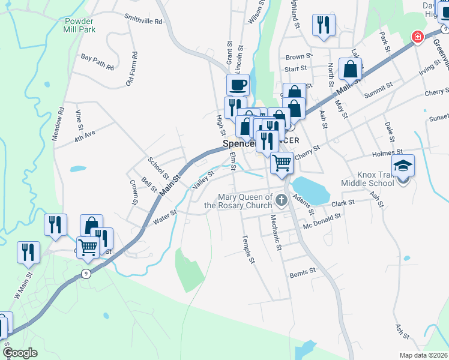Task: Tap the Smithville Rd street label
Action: click(x=143, y=20)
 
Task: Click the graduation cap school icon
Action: click(x=403, y=166)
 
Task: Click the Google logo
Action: click(x=20, y=353)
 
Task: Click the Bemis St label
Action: click(x=303, y=272)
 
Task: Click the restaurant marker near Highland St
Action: click(x=324, y=25)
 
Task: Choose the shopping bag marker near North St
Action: click(x=350, y=69)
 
